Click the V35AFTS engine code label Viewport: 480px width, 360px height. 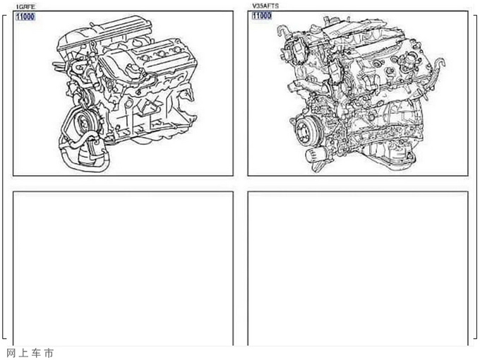[x=265, y=6]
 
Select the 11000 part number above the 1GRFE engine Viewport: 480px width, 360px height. [x=25, y=16]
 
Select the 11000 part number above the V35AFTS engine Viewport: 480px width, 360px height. [x=262, y=16]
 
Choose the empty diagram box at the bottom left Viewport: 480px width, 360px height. [x=123, y=268]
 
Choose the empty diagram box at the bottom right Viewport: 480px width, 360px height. [x=358, y=268]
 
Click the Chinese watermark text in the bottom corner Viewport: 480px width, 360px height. [x=30, y=353]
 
